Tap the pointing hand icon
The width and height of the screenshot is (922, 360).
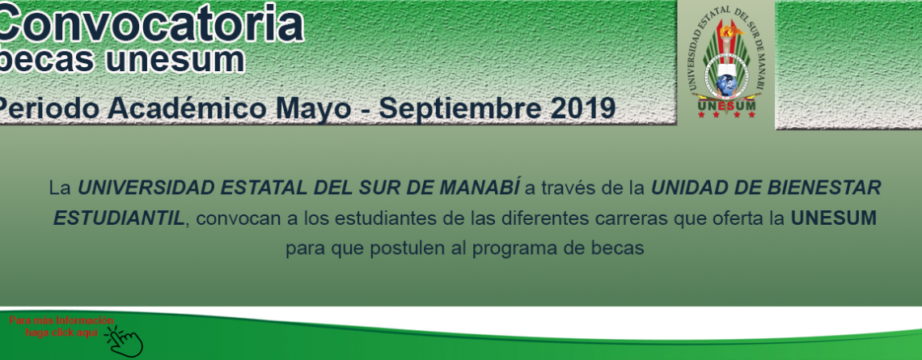point(125,341)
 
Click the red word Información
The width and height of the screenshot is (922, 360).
point(85,320)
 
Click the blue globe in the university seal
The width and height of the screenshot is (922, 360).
point(726,87)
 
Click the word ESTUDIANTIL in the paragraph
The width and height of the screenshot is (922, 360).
point(118,218)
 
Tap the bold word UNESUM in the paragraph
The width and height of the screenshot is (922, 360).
point(833,218)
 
